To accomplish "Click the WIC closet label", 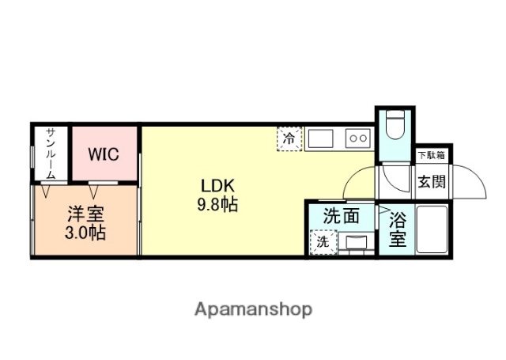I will (x=103, y=153).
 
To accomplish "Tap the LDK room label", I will (x=217, y=186).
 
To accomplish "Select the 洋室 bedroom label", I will (x=85, y=214).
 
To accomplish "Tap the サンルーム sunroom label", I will (x=49, y=153).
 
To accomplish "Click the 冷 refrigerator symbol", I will (x=290, y=139).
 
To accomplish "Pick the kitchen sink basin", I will (x=322, y=138).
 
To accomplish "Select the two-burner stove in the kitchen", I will (x=357, y=138).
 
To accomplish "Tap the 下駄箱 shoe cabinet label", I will (x=431, y=155).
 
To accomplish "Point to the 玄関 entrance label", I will (x=431, y=181).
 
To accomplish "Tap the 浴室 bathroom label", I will (x=397, y=227).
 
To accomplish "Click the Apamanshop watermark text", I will (x=253, y=309).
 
